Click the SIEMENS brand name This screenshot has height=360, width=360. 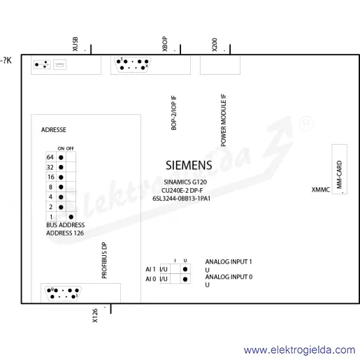(189, 165)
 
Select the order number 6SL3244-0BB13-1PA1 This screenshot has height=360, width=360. (181, 199)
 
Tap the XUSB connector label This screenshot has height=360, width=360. (75, 44)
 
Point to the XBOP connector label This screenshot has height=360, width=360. (165, 44)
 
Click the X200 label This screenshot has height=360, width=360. (215, 45)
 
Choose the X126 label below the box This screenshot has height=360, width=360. (95, 316)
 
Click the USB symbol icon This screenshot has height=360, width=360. (42, 64)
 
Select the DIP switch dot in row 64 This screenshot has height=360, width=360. (61, 157)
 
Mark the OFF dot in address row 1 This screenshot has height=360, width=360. (71, 217)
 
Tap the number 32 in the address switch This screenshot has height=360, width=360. (50, 167)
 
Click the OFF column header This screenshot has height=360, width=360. (70, 148)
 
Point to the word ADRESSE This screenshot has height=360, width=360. (54, 129)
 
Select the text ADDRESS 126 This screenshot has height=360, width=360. (65, 233)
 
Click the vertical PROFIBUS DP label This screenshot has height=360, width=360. (104, 260)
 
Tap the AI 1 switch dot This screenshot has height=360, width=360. (185, 269)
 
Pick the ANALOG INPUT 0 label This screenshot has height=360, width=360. (229, 277)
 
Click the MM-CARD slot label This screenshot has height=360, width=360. (339, 175)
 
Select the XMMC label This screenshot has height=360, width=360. (321, 189)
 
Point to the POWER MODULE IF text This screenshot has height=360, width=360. (224, 120)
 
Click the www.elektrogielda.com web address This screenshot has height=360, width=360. (300, 350)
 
